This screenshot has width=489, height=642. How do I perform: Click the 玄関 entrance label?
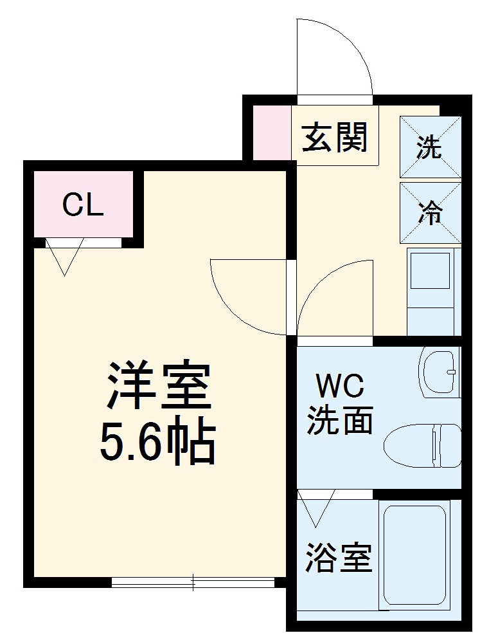coord(335,137)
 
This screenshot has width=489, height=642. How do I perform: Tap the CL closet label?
coord(83,205)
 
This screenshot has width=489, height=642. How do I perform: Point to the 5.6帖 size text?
coord(157,443)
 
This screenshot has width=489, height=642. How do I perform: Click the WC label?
coord(339,387)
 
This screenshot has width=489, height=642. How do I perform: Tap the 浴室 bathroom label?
coord(339,558)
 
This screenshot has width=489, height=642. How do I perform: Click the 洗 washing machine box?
coord(430,147)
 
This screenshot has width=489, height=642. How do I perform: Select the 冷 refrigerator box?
coord(430,212)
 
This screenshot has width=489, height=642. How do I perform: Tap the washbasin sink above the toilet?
coord(440,372)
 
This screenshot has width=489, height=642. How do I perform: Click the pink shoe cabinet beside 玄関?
coord(271,132)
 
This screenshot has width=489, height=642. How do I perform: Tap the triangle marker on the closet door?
coord(64,256)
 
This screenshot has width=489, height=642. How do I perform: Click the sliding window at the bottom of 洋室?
coord(193,582)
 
